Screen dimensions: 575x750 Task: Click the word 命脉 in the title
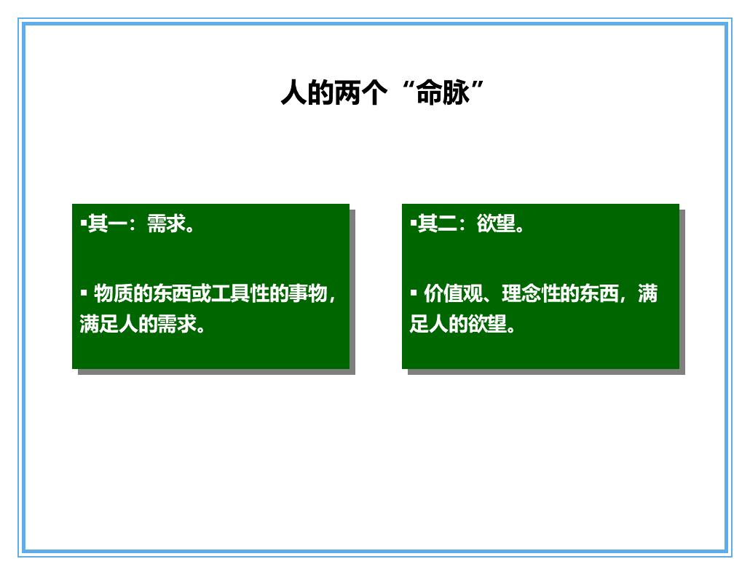click(x=441, y=94)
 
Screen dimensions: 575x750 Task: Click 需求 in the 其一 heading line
click(x=167, y=224)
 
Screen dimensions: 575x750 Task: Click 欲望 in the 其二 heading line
click(x=497, y=224)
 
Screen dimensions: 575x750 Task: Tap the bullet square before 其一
click(x=84, y=222)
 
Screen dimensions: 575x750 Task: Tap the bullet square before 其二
click(x=414, y=222)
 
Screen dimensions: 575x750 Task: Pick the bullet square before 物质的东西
click(x=84, y=293)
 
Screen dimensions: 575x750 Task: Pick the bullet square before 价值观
click(x=414, y=293)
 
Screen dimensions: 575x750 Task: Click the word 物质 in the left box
click(x=114, y=295)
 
